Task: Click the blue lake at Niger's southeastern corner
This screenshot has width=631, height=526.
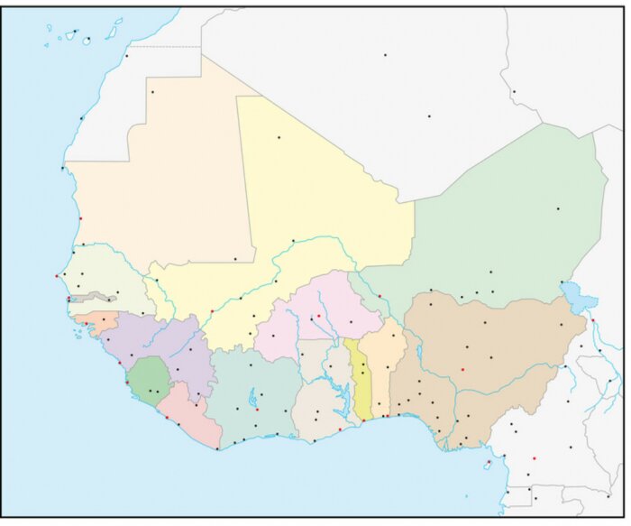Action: pos(572,294)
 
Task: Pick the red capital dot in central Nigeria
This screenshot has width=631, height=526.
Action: pos(462,369)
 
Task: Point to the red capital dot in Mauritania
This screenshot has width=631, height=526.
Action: pos(80,218)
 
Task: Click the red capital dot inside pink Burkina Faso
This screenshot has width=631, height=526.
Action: pos(318,316)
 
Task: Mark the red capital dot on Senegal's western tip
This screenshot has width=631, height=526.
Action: pos(57,276)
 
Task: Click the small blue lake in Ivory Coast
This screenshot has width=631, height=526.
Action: pos(253,396)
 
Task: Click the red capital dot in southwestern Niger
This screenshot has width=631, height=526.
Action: pos(380,296)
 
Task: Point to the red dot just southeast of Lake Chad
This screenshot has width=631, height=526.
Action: pos(593,321)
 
